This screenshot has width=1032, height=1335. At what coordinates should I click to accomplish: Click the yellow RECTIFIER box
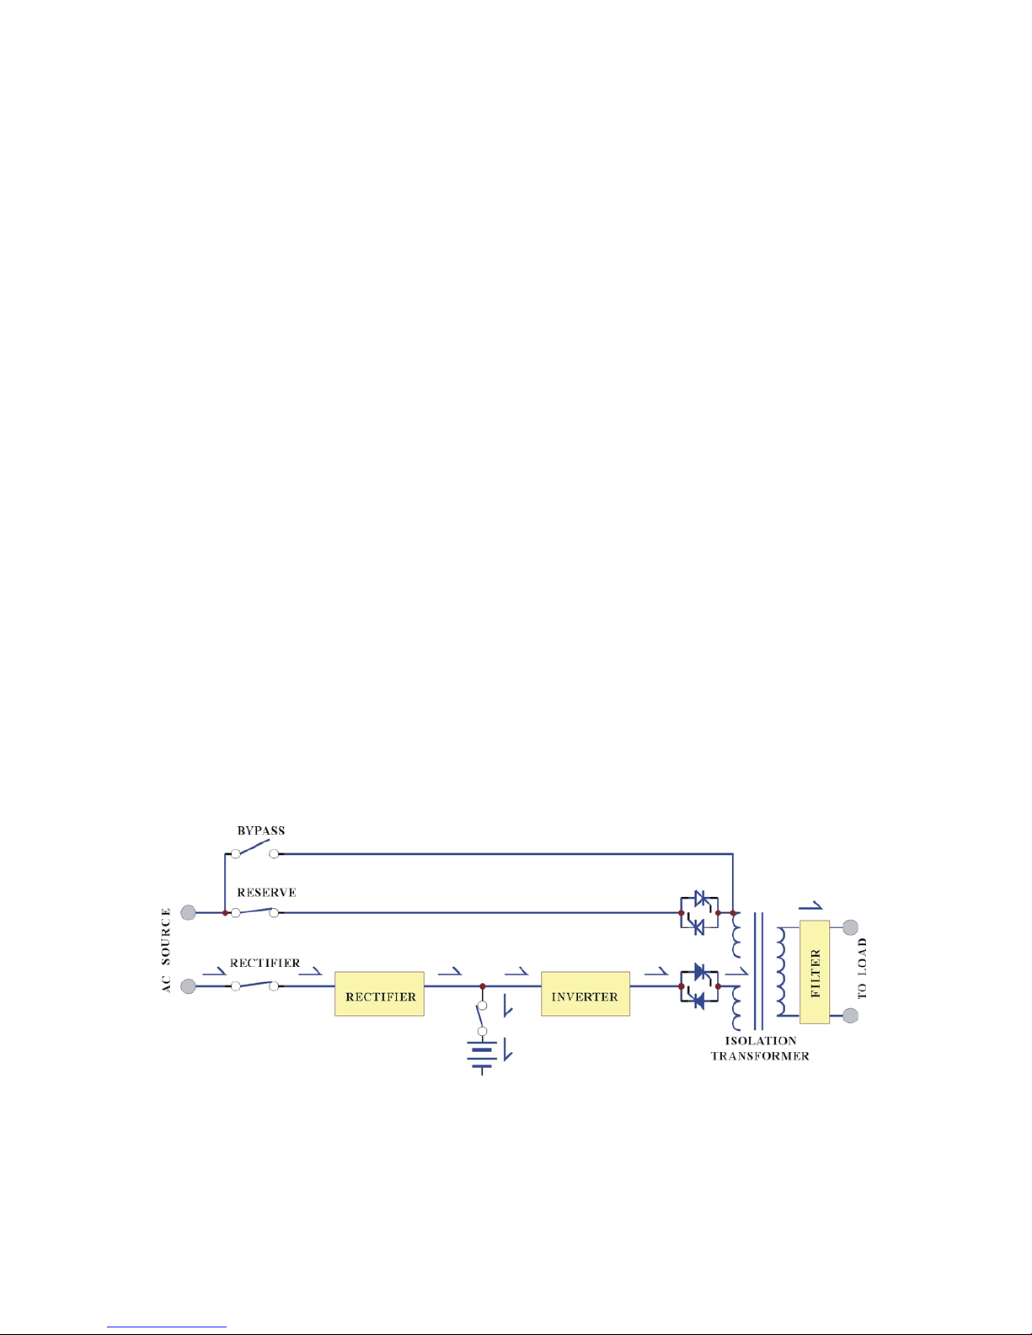pyautogui.click(x=379, y=994)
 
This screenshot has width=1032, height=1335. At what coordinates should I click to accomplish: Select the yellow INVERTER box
pyautogui.click(x=585, y=994)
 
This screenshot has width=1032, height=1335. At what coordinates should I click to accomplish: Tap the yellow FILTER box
pyautogui.click(x=815, y=972)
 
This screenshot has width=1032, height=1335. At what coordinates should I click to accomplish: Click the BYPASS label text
pyautogui.click(x=261, y=830)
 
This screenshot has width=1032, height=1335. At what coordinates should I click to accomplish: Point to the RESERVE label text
pyautogui.click(x=266, y=893)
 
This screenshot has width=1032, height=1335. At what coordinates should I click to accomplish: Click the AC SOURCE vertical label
pyautogui.click(x=166, y=949)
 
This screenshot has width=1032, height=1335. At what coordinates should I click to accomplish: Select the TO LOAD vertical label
pyautogui.click(x=862, y=969)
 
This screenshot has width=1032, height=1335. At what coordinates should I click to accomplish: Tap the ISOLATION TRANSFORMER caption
pyautogui.click(x=760, y=1049)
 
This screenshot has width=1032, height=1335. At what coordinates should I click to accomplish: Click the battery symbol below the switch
pyautogui.click(x=482, y=1056)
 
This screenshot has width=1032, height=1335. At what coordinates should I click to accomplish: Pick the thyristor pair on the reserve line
pyautogui.click(x=699, y=912)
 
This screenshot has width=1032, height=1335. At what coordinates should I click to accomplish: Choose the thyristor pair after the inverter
pyautogui.click(x=699, y=985)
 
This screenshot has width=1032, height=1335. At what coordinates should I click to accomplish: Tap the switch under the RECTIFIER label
pyautogui.click(x=254, y=985)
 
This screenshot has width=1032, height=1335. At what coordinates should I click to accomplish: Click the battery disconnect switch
pyautogui.click(x=482, y=1017)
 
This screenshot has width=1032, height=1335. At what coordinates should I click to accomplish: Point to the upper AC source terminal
pyautogui.click(x=189, y=913)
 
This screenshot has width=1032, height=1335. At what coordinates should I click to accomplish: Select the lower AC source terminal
pyautogui.click(x=189, y=985)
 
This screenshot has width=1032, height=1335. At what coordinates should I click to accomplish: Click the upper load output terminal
pyautogui.click(x=850, y=927)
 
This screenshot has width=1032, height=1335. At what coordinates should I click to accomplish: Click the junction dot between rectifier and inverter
pyautogui.click(x=482, y=985)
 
